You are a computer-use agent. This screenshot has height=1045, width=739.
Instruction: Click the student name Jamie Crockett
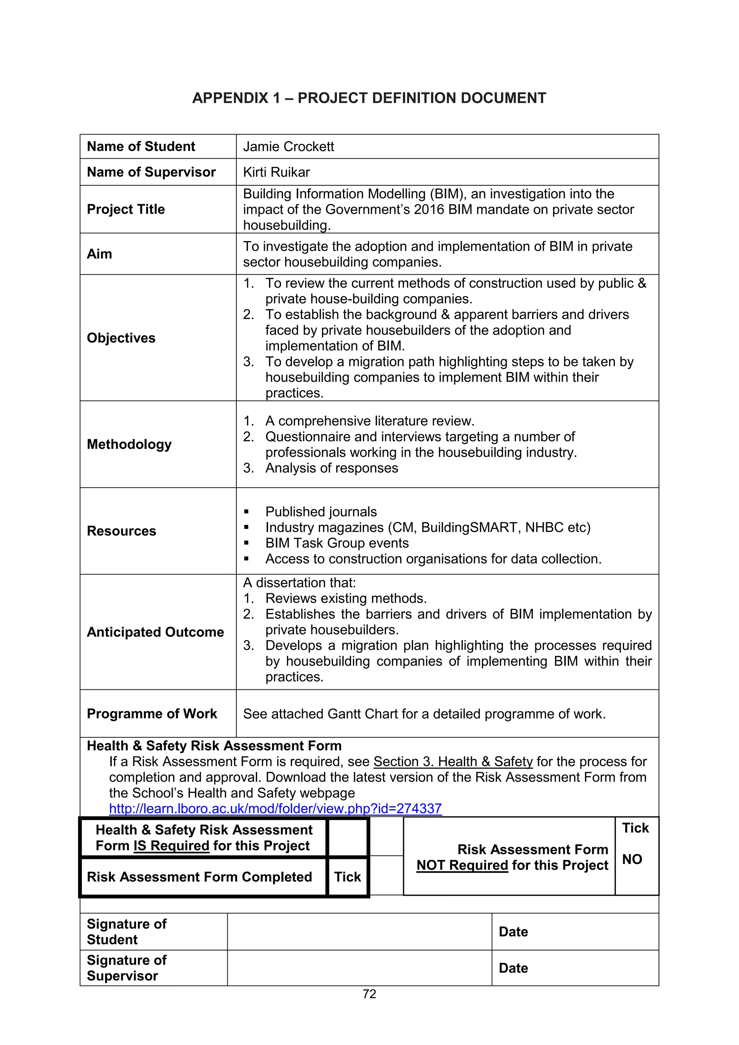[288, 146]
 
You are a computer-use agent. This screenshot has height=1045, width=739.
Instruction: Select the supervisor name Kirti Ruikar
[276, 172]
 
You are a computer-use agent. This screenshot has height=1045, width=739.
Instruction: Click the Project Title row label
[126, 210]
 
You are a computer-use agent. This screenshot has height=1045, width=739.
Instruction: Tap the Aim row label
[99, 254]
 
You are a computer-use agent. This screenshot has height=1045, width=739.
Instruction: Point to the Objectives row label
[121, 338]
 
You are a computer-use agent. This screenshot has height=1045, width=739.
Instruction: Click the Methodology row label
[129, 444]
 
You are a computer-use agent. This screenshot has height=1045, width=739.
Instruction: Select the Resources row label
[122, 531]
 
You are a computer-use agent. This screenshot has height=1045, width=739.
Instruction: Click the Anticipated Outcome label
[155, 632]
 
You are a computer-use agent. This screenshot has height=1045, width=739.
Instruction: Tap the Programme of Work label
[152, 713]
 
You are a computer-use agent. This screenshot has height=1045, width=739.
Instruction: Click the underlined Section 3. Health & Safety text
[453, 762]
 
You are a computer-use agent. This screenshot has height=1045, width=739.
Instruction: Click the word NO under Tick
[632, 859]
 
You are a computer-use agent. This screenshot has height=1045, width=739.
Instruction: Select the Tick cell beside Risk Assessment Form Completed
[347, 877]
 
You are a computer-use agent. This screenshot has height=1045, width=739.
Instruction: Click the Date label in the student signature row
[513, 932]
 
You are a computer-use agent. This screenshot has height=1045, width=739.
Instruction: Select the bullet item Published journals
[321, 512]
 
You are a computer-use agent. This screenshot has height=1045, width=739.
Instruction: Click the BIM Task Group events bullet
[337, 543]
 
